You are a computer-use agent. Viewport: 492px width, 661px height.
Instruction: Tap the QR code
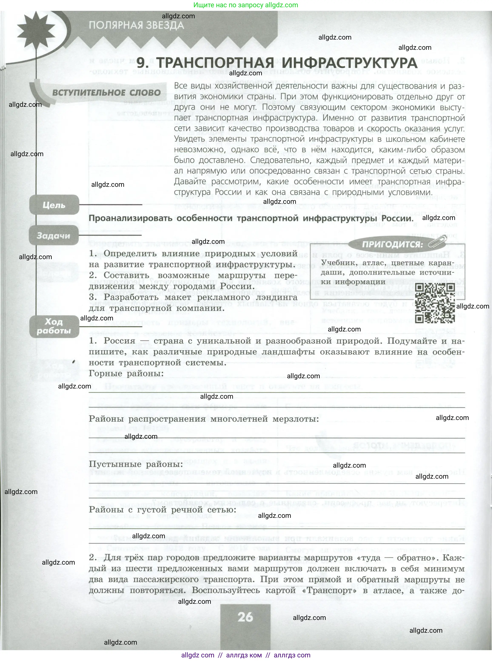(435, 303)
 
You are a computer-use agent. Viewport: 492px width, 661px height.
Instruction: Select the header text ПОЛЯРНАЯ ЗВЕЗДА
(136, 25)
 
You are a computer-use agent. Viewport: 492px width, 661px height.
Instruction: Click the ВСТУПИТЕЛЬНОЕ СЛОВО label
(106, 93)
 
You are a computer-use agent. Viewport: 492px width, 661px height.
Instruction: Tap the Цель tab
(54, 205)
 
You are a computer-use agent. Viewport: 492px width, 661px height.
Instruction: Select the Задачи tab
(54, 236)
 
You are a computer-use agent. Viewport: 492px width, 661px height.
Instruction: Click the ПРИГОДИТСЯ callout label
(392, 245)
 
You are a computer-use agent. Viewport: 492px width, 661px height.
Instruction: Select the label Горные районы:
(126, 374)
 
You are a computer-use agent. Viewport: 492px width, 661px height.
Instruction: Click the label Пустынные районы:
(136, 464)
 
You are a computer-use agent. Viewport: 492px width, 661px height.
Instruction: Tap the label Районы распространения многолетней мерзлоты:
(204, 419)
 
